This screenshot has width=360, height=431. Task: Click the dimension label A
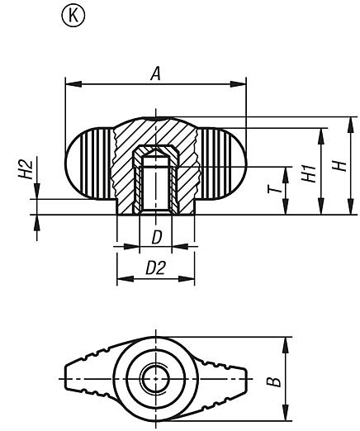tap(154, 74)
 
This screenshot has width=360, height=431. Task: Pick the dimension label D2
tap(154, 268)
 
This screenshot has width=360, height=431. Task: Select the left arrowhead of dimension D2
tap(120, 278)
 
